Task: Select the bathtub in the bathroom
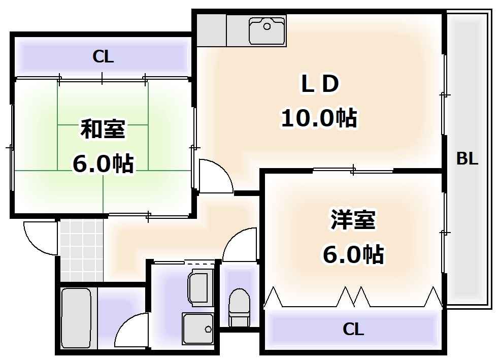coord(76,318)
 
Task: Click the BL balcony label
coord(467,159)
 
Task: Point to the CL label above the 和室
coord(103,57)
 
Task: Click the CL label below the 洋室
coord(353,330)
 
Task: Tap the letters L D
coord(319,85)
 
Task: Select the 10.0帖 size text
coord(319,118)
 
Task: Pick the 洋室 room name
coord(352,221)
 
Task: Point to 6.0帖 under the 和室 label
coord(103,163)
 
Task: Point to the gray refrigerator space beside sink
coord(211,30)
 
